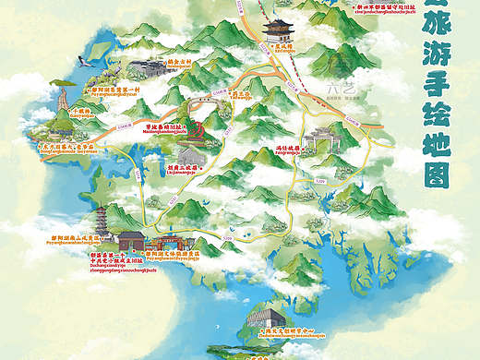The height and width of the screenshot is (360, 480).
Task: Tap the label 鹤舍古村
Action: coord(175,57)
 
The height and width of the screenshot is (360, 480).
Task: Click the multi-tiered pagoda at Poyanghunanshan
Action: coord(99,222)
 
